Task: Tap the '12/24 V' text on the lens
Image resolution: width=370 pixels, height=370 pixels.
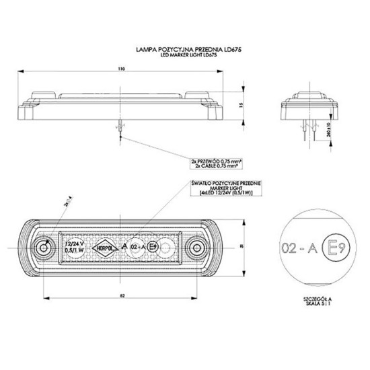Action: [76, 243]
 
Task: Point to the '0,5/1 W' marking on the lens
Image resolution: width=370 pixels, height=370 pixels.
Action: [76, 251]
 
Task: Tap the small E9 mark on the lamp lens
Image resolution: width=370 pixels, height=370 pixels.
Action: [153, 247]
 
